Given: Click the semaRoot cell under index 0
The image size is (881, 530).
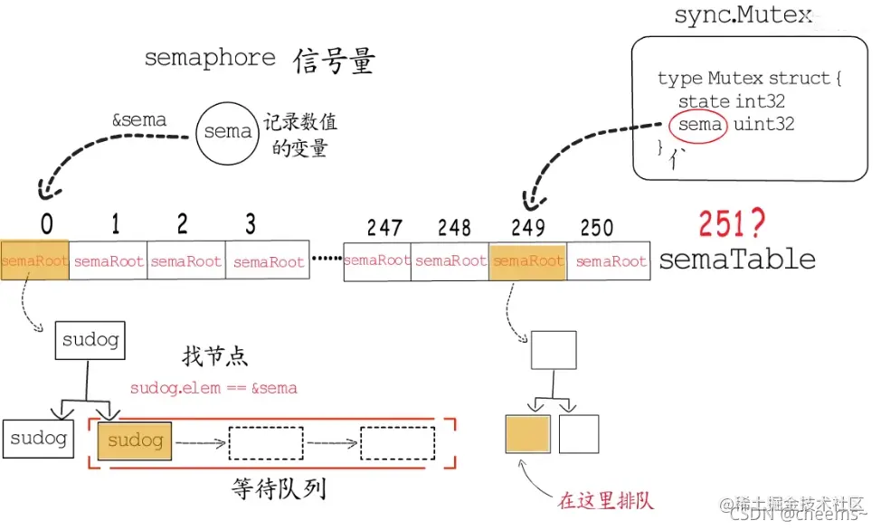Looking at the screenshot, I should click(x=34, y=261).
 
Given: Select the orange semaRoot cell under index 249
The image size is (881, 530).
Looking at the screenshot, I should click(x=527, y=261).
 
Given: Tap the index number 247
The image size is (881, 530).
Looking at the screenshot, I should click(x=384, y=228).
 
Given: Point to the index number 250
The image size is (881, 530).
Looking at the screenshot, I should click(x=596, y=228).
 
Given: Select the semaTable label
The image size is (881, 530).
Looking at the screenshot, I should click(x=737, y=260).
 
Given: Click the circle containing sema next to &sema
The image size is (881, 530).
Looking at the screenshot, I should click(x=227, y=132).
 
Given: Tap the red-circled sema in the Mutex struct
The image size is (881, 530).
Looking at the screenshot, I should click(x=699, y=125).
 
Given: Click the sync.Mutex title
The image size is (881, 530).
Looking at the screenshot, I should click(x=744, y=16).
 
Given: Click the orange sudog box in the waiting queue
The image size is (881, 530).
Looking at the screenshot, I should click(x=136, y=440).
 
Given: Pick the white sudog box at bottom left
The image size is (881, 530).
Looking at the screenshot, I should click(x=38, y=439).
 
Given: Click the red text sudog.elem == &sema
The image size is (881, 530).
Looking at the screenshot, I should click(x=213, y=388).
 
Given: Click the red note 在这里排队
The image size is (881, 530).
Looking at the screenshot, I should click(x=605, y=500).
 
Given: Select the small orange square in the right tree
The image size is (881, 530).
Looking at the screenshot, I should click(x=527, y=433).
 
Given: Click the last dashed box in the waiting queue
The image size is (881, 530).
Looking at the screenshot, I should click(x=397, y=442).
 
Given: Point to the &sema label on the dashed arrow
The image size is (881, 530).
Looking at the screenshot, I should click(x=138, y=120).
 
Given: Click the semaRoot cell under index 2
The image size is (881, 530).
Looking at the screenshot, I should click(x=185, y=261).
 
